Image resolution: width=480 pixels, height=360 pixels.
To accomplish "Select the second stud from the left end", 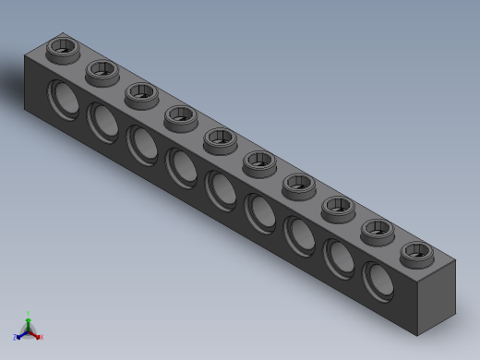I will click(102, 69).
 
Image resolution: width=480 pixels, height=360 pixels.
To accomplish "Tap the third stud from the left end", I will click(140, 92).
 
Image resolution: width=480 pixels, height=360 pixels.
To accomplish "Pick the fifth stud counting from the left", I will click(219, 139).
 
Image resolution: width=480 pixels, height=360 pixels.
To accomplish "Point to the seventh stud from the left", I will click(297, 186).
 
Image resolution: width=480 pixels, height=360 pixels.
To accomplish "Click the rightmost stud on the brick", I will click(415, 252).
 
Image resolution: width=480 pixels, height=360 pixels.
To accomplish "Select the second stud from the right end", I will click(377, 230).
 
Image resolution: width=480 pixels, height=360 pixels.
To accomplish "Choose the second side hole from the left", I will click(102, 121).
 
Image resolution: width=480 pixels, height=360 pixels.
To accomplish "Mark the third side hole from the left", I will click(141, 144).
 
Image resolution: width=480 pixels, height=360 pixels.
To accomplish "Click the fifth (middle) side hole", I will click(220, 189).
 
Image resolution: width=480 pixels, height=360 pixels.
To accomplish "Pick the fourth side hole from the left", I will click(180, 167).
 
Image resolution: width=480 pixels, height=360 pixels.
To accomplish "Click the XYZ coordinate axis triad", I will click(28, 328).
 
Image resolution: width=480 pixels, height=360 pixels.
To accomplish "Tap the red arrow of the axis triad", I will click(38, 336).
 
